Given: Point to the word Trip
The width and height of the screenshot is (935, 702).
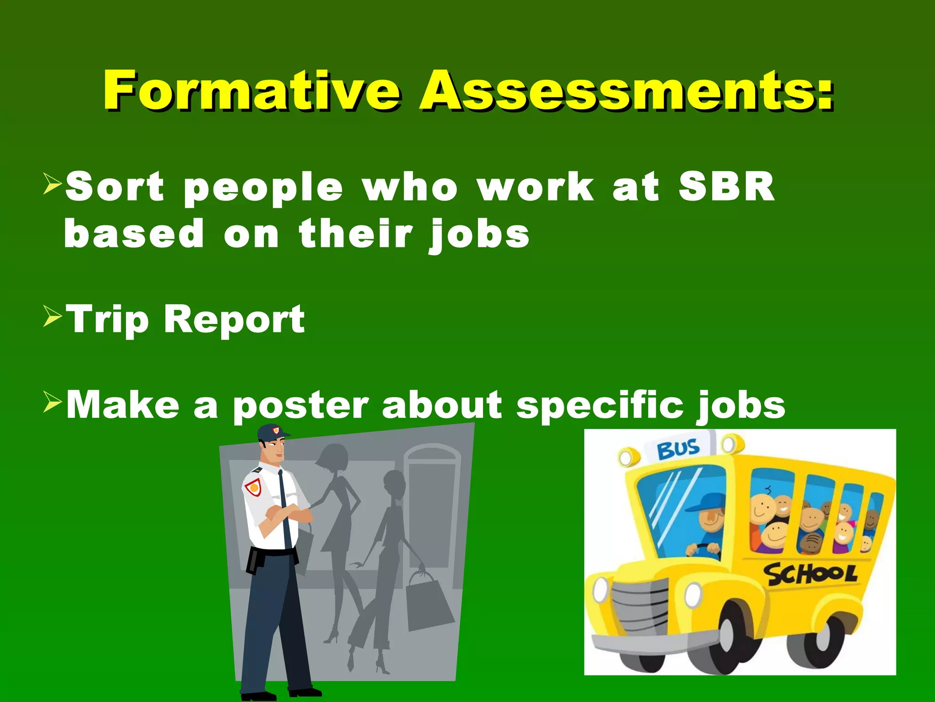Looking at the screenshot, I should pyautogui.click(x=108, y=320).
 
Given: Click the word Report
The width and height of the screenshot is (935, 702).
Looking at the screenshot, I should pyautogui.click(x=234, y=320).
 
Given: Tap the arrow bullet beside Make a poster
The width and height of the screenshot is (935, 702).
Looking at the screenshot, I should pyautogui.click(x=52, y=403).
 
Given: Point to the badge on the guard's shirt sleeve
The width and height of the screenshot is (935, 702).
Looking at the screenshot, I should pyautogui.click(x=252, y=487).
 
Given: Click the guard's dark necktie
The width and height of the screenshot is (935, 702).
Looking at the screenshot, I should pyautogui.click(x=284, y=507).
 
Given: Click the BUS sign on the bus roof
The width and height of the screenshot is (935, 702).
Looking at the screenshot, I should pyautogui.click(x=678, y=448).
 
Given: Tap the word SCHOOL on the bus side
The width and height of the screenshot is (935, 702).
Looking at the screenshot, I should pyautogui.click(x=810, y=574).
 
